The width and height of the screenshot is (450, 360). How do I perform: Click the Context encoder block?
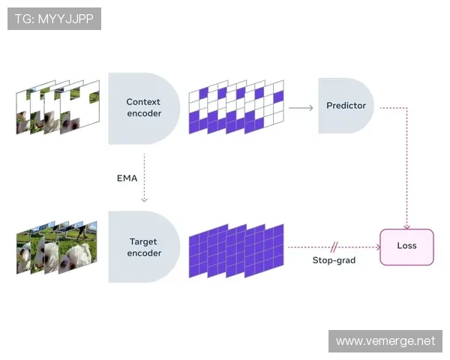coord(142,108)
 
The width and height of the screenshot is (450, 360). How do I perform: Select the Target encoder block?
coord(142,247)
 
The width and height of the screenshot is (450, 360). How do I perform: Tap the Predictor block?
coord(346,106)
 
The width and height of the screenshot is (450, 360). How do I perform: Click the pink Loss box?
coord(406,247)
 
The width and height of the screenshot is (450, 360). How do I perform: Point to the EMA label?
coord(127,178)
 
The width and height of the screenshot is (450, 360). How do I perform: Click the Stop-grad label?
coord(334,260)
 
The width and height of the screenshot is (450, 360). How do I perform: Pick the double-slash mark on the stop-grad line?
coord(334,246)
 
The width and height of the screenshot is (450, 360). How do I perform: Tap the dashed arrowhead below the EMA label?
coord(143,199)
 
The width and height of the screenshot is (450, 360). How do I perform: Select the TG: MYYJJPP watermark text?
coord(54,19)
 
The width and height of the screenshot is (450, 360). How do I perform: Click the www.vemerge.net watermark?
coord(385,341)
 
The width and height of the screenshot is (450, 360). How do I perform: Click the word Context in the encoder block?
coord(143,102)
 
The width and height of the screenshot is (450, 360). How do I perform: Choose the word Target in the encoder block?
coord(143,241)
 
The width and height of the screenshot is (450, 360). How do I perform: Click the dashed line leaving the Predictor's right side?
coord(394,107)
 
